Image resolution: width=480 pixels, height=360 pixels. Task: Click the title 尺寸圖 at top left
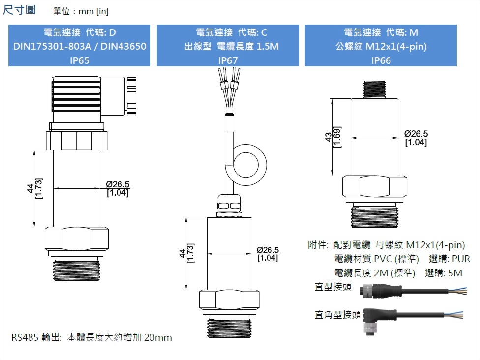click(x=19, y=10)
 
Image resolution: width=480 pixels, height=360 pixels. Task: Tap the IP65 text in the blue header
click(x=79, y=60)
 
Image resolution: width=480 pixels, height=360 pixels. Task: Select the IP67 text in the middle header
click(x=228, y=60)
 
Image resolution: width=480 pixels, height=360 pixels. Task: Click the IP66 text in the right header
click(x=381, y=60)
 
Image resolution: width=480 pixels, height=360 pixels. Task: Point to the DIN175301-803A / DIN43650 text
click(x=79, y=47)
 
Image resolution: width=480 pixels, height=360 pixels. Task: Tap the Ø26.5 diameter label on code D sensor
click(x=118, y=184)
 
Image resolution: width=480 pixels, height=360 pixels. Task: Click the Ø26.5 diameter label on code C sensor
click(x=268, y=250)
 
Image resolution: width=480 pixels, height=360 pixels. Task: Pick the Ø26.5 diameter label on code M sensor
click(x=416, y=134)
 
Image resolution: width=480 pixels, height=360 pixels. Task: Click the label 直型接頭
click(x=333, y=287)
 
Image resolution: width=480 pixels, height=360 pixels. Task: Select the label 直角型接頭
click(x=337, y=314)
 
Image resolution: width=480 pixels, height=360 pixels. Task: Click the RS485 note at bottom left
click(x=91, y=337)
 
